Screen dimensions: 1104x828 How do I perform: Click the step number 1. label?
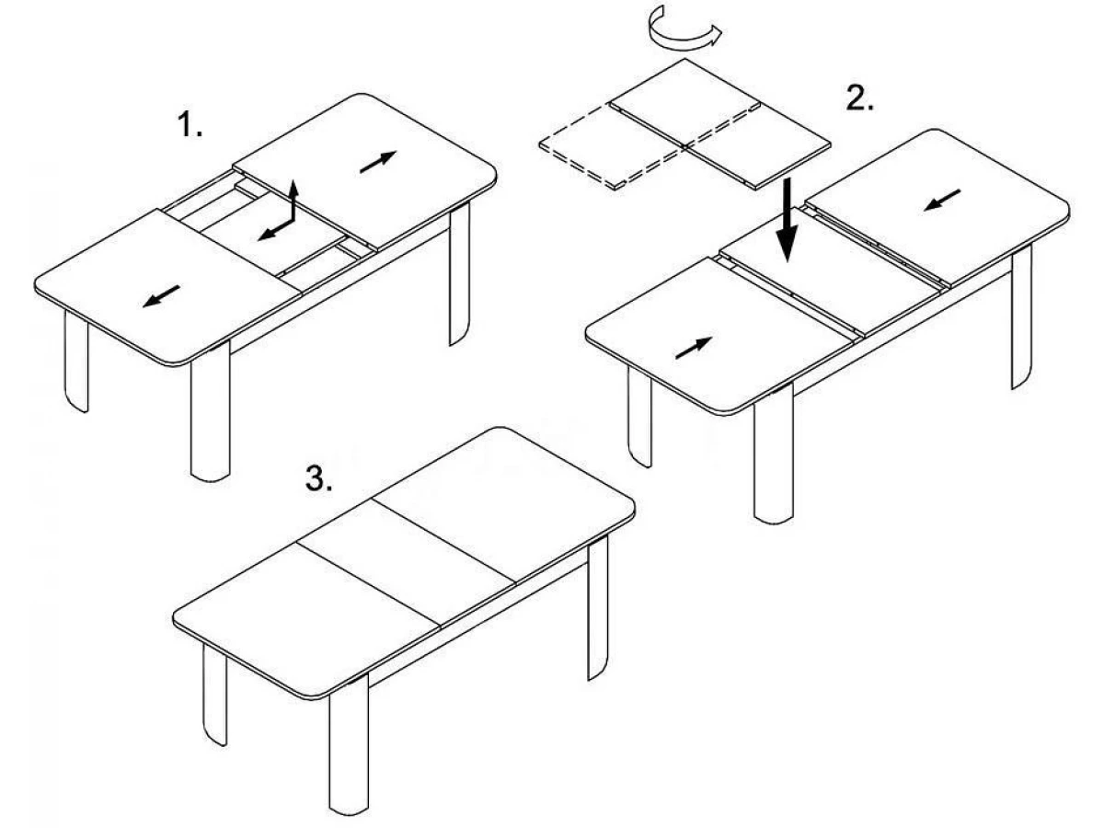pyautogui.click(x=190, y=124)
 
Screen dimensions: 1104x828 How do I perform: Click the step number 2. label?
pyautogui.click(x=860, y=98)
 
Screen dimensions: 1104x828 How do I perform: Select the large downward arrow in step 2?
pyautogui.click(x=788, y=220)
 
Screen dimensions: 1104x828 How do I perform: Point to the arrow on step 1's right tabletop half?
pyautogui.click(x=379, y=162)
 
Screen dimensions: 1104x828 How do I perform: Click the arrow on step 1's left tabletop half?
pyautogui.click(x=161, y=296)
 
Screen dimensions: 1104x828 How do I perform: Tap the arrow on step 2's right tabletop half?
pyautogui.click(x=943, y=200)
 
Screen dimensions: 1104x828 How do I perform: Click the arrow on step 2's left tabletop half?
pyautogui.click(x=694, y=348)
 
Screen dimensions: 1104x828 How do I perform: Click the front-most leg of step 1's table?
pyautogui.click(x=211, y=412)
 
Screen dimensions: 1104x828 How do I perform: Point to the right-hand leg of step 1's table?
pyautogui.click(x=459, y=274)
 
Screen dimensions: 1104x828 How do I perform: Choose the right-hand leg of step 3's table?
pyautogui.click(x=598, y=608)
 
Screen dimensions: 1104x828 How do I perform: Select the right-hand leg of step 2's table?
pyautogui.click(x=1022, y=316)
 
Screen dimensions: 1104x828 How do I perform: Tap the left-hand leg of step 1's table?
pyautogui.click(x=76, y=362)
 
